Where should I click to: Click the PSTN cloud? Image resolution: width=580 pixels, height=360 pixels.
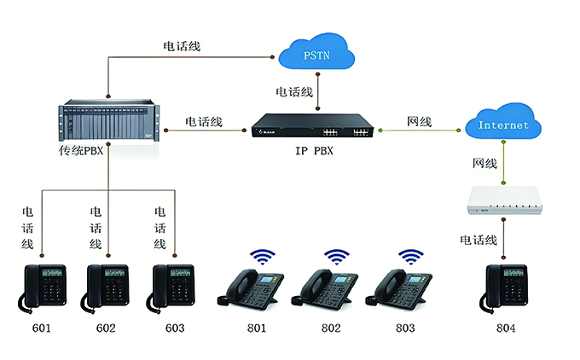(x=316, y=55)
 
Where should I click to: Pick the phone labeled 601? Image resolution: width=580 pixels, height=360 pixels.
(x=43, y=288)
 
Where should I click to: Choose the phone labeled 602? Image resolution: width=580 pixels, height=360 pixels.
(x=107, y=288)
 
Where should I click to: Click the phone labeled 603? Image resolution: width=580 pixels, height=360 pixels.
(x=174, y=288)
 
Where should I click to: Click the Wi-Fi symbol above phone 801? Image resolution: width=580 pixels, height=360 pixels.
(x=262, y=257)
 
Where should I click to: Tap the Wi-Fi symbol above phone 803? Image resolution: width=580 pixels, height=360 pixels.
(x=412, y=257)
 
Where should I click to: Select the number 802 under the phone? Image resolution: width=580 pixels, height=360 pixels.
(x=331, y=328)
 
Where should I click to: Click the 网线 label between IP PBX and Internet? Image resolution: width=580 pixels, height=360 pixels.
(x=419, y=122)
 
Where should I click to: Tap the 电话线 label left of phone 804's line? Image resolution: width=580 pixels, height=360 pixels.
(x=478, y=240)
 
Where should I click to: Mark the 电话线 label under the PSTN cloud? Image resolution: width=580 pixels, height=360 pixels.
(x=294, y=90)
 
